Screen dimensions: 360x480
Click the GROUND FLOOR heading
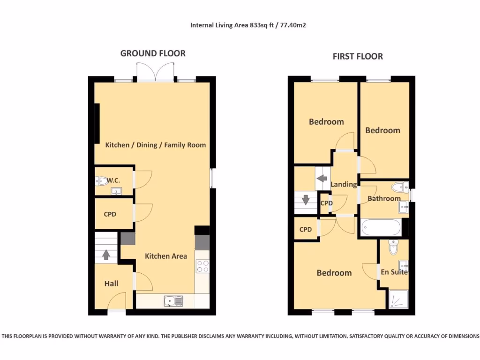153,53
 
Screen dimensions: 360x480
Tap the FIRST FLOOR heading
358,57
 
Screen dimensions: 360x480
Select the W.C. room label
113,180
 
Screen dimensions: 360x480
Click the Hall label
111,284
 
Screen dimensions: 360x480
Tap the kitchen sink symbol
173,301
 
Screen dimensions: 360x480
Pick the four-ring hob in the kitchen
202,266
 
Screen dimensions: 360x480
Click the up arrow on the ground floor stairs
106,255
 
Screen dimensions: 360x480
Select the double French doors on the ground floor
156,73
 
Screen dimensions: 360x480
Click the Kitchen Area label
165,256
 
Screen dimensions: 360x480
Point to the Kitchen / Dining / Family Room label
155,145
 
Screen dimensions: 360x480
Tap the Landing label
344,184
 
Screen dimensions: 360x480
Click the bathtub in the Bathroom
381,228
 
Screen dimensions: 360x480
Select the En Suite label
394,272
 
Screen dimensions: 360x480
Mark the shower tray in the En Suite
398,299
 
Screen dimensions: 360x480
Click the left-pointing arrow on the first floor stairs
322,179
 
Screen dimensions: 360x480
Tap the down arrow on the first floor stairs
306,200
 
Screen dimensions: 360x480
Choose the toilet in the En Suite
393,246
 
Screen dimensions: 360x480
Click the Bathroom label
384,198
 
